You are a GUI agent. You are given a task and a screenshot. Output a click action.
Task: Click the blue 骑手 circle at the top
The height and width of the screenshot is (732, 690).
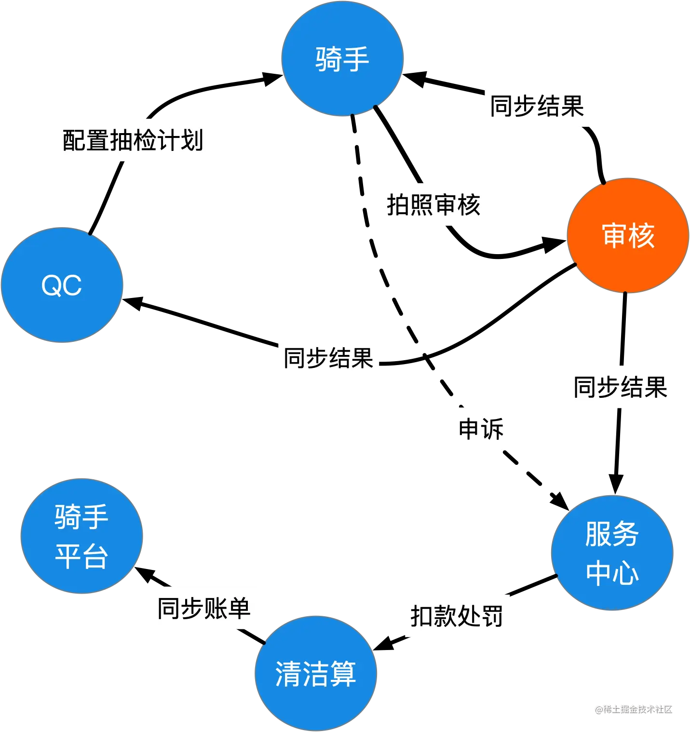point(342,58)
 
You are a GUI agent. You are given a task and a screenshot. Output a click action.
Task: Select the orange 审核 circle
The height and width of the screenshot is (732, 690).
point(627,235)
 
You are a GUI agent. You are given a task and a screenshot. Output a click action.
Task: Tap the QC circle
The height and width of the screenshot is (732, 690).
point(62,285)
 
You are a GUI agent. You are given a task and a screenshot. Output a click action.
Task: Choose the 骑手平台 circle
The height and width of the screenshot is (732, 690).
point(81,536)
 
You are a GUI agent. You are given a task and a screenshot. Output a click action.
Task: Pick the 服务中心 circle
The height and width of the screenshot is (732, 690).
point(611,553)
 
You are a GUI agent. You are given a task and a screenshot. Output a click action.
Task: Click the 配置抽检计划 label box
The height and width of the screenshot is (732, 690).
point(133,139)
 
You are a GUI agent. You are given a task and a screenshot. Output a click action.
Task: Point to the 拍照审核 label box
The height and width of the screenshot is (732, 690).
point(433,204)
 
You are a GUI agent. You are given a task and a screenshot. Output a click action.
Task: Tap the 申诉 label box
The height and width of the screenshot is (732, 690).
point(481,428)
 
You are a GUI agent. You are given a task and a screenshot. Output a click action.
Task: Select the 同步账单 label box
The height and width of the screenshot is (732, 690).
point(204,609)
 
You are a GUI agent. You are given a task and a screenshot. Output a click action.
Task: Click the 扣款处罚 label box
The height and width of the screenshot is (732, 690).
point(458,616)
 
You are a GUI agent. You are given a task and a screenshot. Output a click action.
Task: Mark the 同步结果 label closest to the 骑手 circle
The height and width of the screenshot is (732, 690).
point(536,105)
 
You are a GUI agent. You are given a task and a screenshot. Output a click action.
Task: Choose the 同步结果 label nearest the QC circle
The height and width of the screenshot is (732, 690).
point(329,359)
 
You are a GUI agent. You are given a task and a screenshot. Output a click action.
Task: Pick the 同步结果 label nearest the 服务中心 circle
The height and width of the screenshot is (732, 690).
point(621,386)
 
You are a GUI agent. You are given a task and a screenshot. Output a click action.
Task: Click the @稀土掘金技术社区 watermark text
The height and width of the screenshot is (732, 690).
point(633,708)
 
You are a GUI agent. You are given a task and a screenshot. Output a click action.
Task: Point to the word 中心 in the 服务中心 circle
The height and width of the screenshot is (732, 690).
point(612,573)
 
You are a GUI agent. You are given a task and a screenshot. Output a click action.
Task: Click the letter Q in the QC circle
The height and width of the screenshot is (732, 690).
point(52,285)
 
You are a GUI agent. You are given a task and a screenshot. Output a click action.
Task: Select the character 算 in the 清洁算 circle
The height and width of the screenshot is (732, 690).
point(343,674)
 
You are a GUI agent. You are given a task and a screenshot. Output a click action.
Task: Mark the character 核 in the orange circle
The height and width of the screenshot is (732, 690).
point(642,235)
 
